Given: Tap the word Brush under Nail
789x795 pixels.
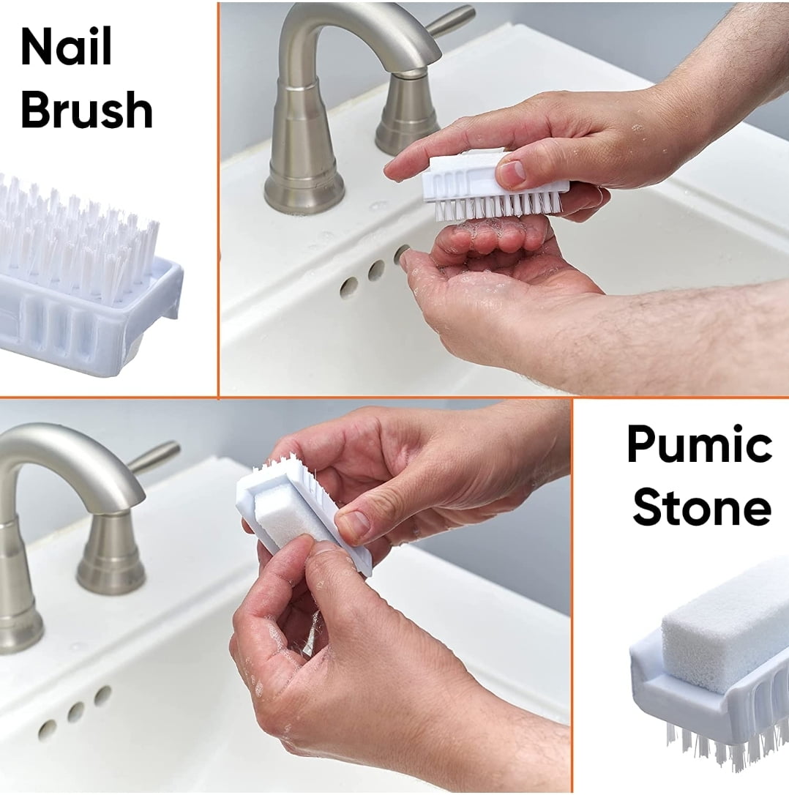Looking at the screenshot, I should pyautogui.click(x=86, y=111).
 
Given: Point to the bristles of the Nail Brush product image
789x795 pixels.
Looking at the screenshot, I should pyautogui.click(x=81, y=234).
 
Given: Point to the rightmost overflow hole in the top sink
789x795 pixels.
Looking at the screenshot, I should pyautogui.click(x=401, y=255).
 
